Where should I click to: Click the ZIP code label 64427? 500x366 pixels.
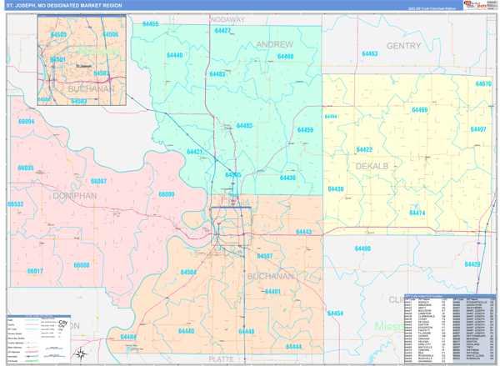[x=222, y=31]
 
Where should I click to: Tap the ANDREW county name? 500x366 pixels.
[x=274, y=43]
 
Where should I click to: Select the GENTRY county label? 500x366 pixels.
[x=403, y=46]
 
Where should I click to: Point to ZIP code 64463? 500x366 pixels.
[x=369, y=54]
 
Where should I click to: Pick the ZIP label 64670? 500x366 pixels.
[x=483, y=84]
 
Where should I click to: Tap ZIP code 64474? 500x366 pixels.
[x=417, y=213]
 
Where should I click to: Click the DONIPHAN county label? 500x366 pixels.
[x=74, y=195]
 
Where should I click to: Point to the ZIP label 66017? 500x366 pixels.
[x=34, y=271]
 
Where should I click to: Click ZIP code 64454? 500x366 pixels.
[x=335, y=313]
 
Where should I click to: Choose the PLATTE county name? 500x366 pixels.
[x=222, y=359]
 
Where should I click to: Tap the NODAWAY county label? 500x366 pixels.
[x=227, y=18]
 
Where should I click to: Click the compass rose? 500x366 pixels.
[x=81, y=353]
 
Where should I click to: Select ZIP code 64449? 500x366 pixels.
[x=174, y=56]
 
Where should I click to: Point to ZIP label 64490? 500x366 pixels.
[x=362, y=248]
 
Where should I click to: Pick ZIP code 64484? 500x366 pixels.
[x=128, y=337]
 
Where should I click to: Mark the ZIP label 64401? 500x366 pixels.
[x=272, y=291]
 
